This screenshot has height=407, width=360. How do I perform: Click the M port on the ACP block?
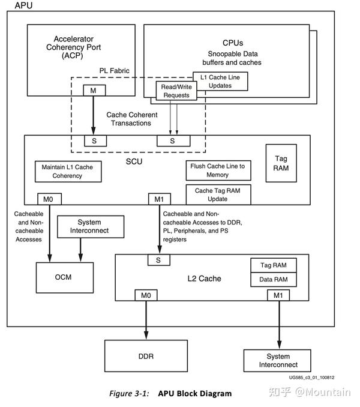coord(94,91)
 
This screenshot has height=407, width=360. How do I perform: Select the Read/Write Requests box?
coord(176,91)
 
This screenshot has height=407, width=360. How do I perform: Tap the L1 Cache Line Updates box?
coord(220,82)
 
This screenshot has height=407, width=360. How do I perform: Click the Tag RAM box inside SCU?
coord(281,163)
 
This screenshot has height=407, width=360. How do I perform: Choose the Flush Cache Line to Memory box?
coord(217,170)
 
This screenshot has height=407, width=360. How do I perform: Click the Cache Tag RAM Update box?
coord(217,194)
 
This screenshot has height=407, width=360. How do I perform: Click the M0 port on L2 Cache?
coord(146,295)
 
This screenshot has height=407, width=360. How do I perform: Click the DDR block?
coord(146,357)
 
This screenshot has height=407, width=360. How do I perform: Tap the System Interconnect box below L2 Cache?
coord(278,360)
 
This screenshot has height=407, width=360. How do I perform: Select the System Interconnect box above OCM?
coord(89,227)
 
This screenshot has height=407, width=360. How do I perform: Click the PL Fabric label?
coord(114,71)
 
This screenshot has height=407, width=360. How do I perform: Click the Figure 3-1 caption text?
coord(170,394)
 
